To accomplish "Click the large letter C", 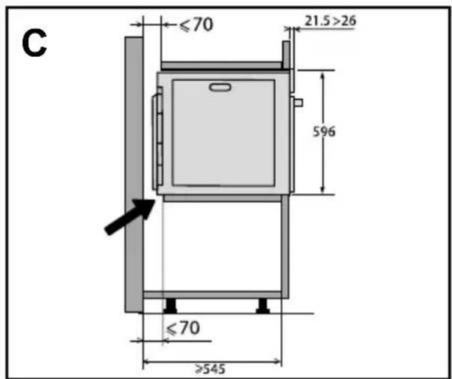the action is pos(34,43).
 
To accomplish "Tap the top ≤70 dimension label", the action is pos(196,25).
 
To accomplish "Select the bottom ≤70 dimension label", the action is pos(183,328).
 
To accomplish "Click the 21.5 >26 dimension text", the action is pos(331,21).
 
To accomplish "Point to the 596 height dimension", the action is pos(324,132).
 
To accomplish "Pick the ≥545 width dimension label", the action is pos(210,369).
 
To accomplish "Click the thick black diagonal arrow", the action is pos(130,216).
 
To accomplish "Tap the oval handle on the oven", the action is pos(220,88).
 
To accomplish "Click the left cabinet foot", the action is pos(170,306).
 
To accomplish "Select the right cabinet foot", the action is pos(262,306).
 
